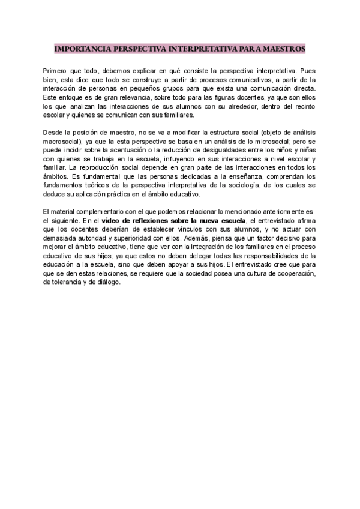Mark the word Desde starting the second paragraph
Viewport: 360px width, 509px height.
52,131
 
